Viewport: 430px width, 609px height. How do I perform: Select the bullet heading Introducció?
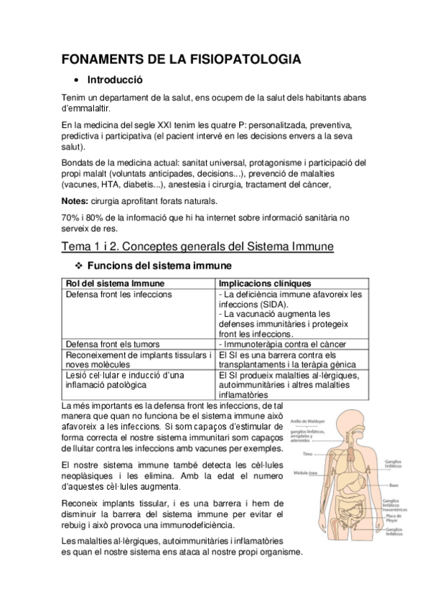coord(115,80)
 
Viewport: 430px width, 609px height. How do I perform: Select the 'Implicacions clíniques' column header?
coord(264,283)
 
